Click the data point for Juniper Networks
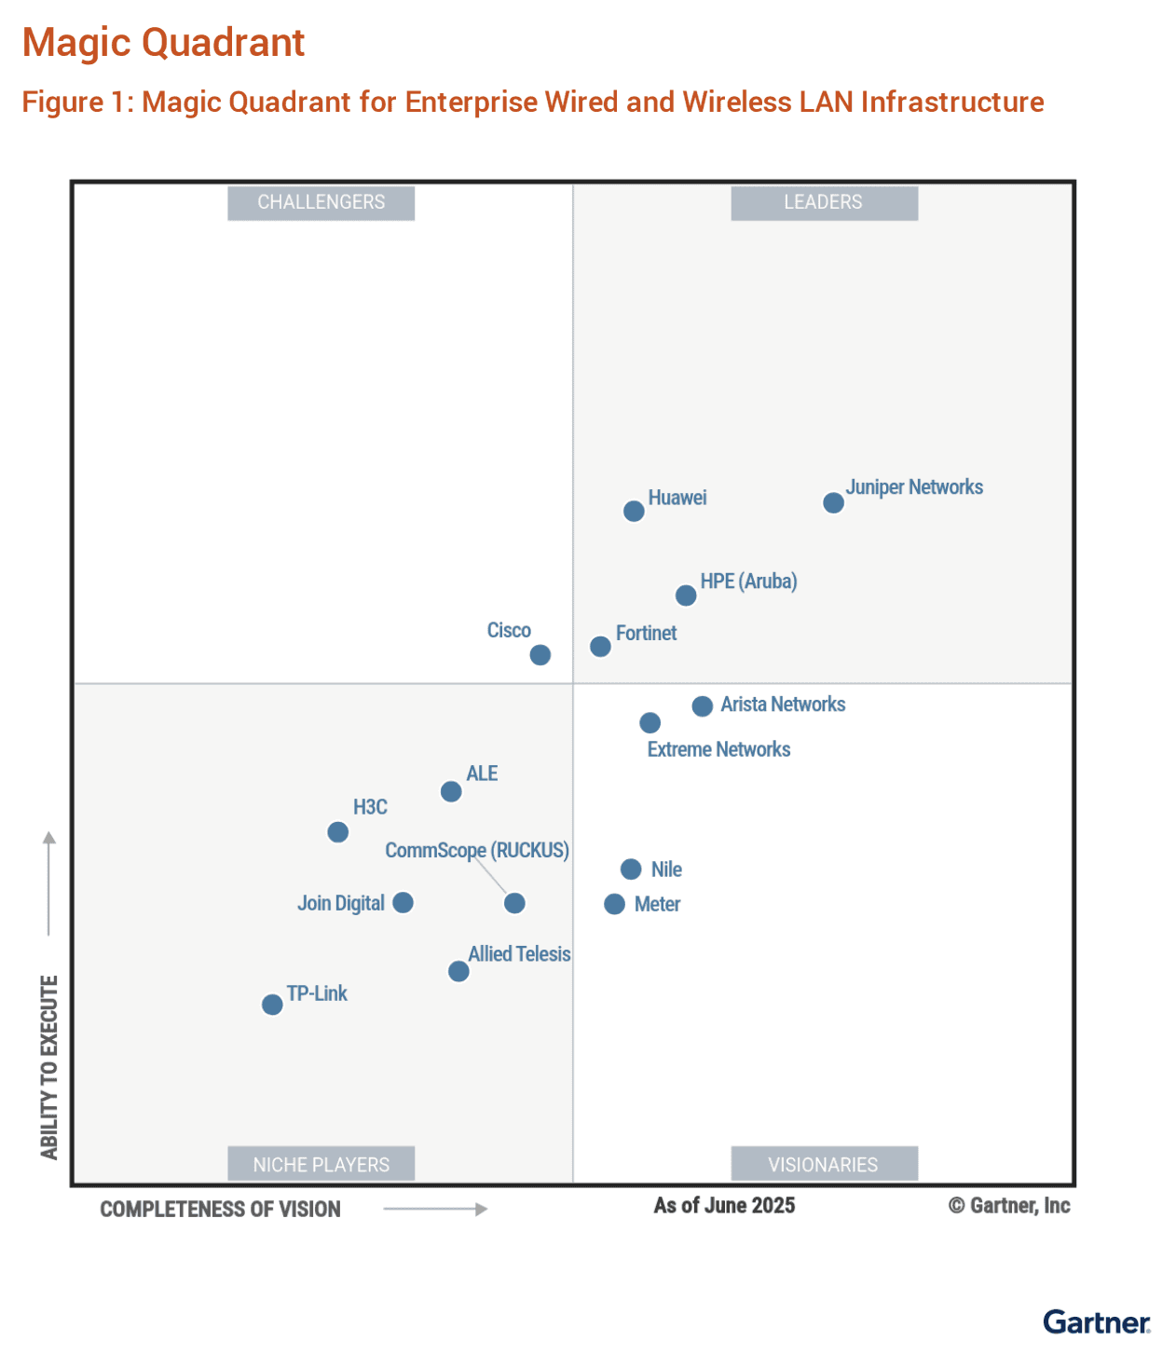pyautogui.click(x=833, y=503)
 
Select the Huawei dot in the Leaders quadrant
pyautogui.click(x=634, y=511)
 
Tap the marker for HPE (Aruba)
pyautogui.click(x=686, y=595)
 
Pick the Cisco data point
pyautogui.click(x=540, y=655)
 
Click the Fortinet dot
pyautogui.click(x=600, y=647)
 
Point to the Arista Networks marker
pyautogui.click(x=703, y=706)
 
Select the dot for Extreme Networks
pyautogui.click(x=650, y=723)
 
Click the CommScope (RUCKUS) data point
pyautogui.click(x=514, y=903)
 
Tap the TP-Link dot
pyautogui.click(x=272, y=1005)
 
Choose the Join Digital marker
pyautogui.click(x=403, y=902)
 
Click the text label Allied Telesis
pyautogui.click(x=519, y=954)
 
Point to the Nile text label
pyautogui.click(x=666, y=869)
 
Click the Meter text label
pyautogui.click(x=657, y=904)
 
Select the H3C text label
pyautogui.click(x=370, y=807)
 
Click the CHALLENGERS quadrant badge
pyautogui.click(x=321, y=202)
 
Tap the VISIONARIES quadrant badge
pyautogui.click(x=824, y=1164)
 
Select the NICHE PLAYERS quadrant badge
pyautogui.click(x=321, y=1164)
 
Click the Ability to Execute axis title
pyautogui.click(x=49, y=1067)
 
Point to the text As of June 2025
pyautogui.click(x=724, y=1206)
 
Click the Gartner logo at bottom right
pyautogui.click(x=1097, y=1322)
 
